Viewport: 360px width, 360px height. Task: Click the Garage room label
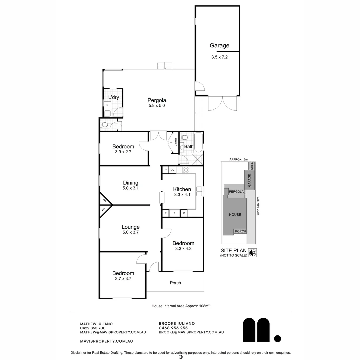click(219, 46)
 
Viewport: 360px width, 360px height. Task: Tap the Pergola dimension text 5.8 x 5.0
click(157, 106)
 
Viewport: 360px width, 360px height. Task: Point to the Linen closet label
click(175, 142)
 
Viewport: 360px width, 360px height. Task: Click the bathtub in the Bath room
click(199, 142)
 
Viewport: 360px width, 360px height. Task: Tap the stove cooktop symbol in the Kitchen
click(186, 170)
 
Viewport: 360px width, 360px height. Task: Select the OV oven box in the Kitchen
click(172, 170)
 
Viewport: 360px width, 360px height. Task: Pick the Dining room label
click(130, 183)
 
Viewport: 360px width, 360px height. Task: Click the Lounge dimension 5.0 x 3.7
click(130, 233)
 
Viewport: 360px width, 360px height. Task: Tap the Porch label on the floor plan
click(175, 283)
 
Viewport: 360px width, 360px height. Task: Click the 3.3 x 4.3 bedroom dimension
click(183, 249)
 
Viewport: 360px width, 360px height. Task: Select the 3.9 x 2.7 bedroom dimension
click(123, 152)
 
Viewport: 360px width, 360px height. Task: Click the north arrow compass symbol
click(253, 253)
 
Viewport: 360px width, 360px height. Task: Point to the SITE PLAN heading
click(233, 251)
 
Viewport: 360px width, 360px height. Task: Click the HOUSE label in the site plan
click(235, 214)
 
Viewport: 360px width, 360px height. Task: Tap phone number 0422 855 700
click(93, 328)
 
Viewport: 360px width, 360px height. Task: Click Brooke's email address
click(191, 332)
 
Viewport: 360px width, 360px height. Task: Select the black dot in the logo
click(277, 339)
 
